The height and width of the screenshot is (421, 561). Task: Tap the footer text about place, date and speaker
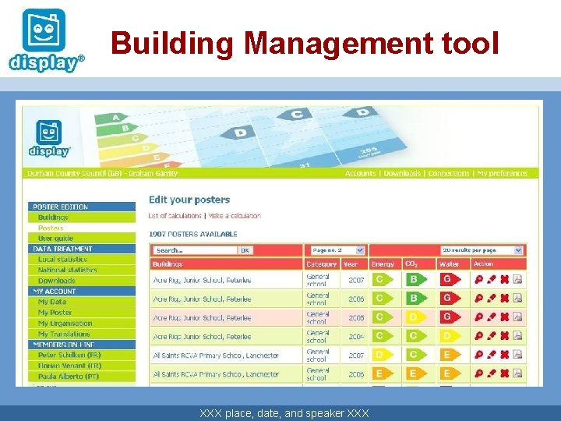click(x=284, y=412)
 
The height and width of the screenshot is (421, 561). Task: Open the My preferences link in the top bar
click(x=502, y=173)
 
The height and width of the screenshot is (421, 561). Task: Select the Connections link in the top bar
click(x=448, y=173)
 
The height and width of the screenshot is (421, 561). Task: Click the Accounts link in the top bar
click(x=360, y=173)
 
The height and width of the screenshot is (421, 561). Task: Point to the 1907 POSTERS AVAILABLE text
click(x=193, y=234)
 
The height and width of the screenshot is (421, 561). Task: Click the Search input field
click(x=195, y=250)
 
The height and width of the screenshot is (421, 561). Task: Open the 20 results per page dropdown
click(x=482, y=250)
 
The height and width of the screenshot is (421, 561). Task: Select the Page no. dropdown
click(x=337, y=250)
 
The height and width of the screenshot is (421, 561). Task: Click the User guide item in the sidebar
click(x=55, y=238)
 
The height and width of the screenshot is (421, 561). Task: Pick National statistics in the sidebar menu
click(x=68, y=270)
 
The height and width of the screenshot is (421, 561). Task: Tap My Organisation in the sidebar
click(x=65, y=323)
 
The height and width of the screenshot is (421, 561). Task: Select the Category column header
click(x=321, y=264)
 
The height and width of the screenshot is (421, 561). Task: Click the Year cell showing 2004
click(x=356, y=337)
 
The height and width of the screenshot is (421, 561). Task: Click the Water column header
click(x=449, y=264)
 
